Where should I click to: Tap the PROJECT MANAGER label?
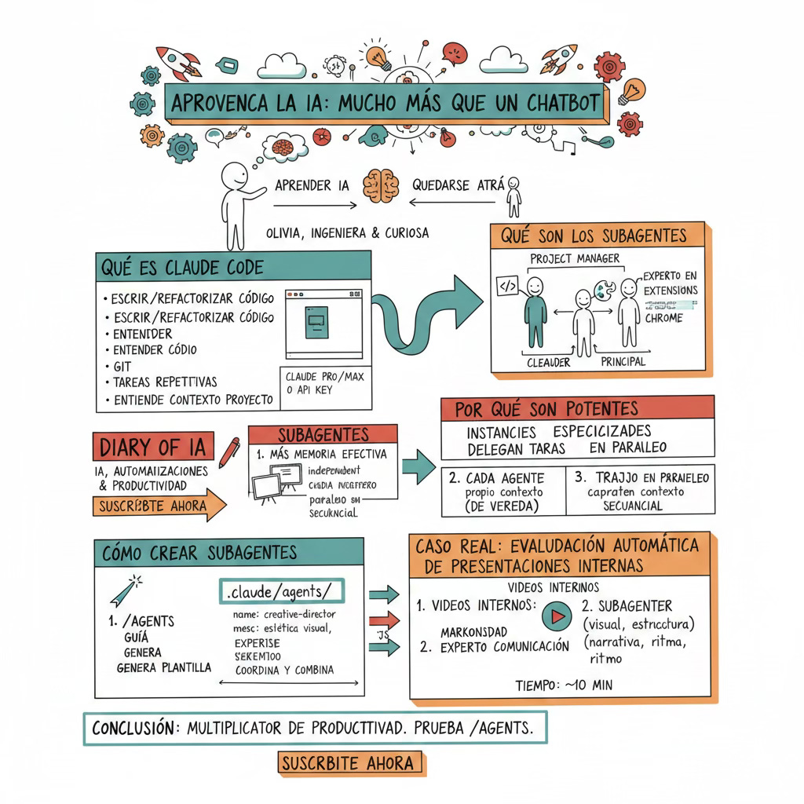click(x=575, y=258)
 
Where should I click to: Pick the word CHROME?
click(x=663, y=319)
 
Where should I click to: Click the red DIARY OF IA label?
click(x=153, y=447)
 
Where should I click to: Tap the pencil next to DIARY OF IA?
click(x=228, y=453)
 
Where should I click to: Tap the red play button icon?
click(x=557, y=616)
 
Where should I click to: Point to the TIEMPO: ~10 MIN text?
click(x=564, y=685)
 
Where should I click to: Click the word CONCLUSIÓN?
click(x=133, y=728)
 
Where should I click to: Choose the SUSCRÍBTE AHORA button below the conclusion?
click(x=350, y=762)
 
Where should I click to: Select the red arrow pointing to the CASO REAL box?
click(x=384, y=619)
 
